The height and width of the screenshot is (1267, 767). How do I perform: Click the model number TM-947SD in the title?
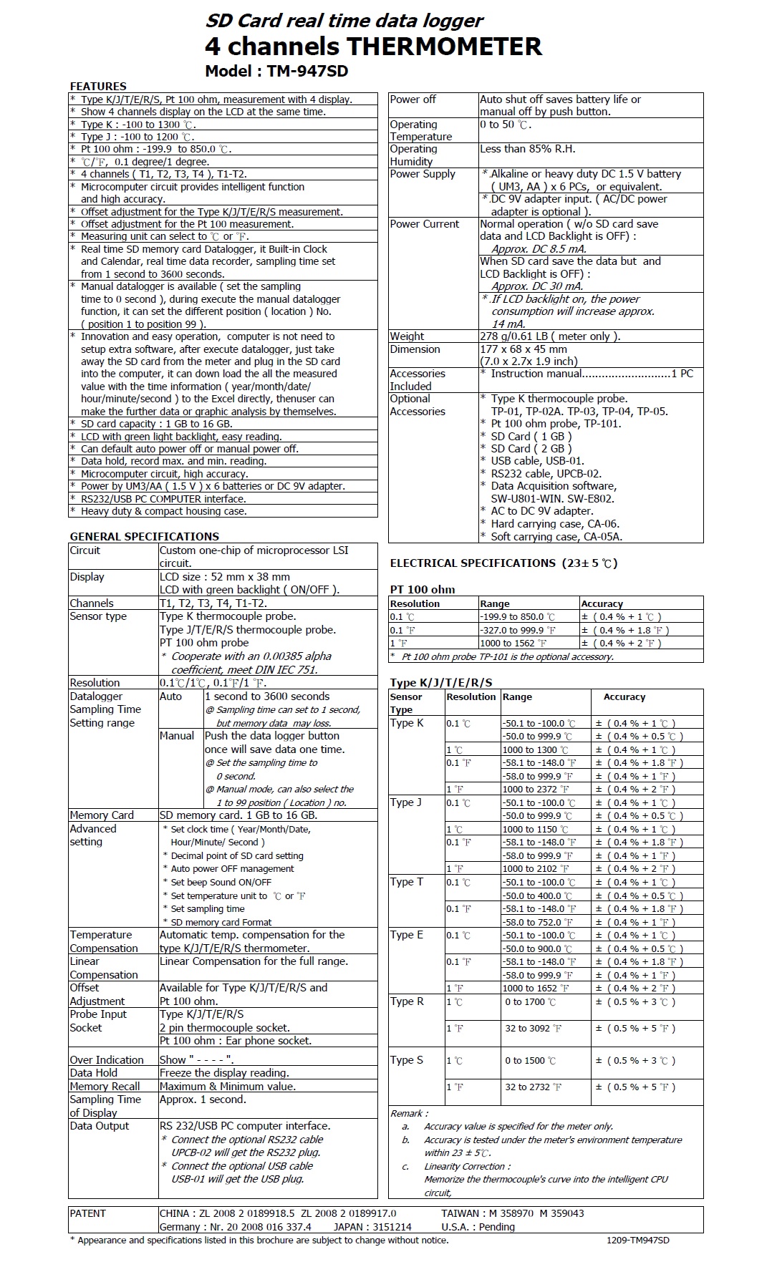pyautogui.click(x=307, y=71)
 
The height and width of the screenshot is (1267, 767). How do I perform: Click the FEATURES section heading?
pyautogui.click(x=98, y=87)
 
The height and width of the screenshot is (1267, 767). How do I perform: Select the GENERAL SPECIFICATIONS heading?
pyautogui.click(x=144, y=536)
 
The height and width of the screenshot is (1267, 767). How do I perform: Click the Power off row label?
pyautogui.click(x=413, y=99)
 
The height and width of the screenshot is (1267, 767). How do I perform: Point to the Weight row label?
pyautogui.click(x=407, y=336)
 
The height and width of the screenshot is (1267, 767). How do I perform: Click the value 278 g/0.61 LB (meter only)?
pyautogui.click(x=550, y=336)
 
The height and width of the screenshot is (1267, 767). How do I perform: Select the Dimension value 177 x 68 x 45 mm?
pyautogui.click(x=523, y=349)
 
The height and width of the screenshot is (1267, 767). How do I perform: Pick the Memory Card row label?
pyautogui.click(x=102, y=815)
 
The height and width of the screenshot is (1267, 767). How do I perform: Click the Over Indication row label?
pyautogui.click(x=106, y=1060)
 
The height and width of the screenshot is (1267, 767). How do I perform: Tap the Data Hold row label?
pyautogui.click(x=94, y=1073)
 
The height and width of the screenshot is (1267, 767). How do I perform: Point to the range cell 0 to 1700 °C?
pyautogui.click(x=530, y=1002)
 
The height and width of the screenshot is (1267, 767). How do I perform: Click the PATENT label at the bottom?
pyautogui.click(x=87, y=1213)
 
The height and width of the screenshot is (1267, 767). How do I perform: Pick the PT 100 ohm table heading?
pyautogui.click(x=423, y=590)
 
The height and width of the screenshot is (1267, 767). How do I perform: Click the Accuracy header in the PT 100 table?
pyautogui.click(x=602, y=604)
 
